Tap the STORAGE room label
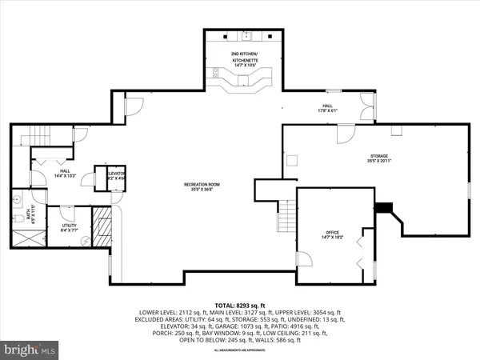(378, 158)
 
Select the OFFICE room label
(333, 234)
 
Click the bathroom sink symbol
(17, 198)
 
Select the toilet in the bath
(17, 216)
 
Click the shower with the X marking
(30, 238)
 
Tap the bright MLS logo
(30, 350)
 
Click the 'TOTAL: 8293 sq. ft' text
(240, 306)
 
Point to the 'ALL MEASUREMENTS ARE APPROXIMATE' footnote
(240, 351)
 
